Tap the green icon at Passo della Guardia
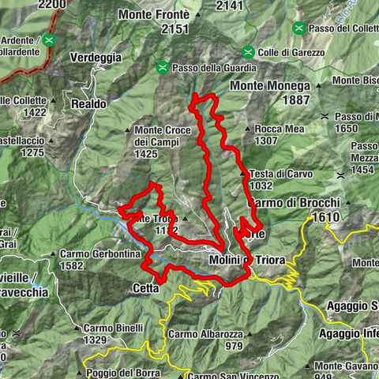click(163, 66)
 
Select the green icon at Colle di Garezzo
click(248, 53)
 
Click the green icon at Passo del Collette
click(298, 29)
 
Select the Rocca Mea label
click(277, 129)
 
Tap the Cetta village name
click(143, 289)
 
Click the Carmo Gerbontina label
click(99, 254)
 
